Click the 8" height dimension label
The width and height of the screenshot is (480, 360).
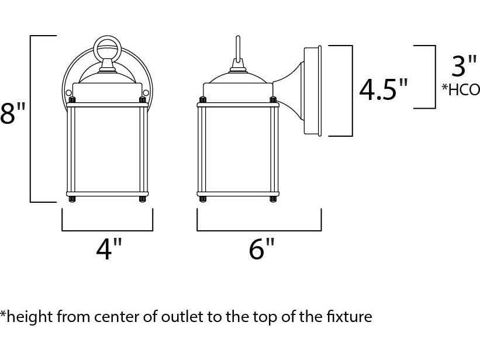(7, 115)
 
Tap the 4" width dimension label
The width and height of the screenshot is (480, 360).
(109, 250)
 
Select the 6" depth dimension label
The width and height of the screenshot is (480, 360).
(261, 250)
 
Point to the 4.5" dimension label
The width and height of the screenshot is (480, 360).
(383, 90)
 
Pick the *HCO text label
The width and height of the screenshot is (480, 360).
(461, 89)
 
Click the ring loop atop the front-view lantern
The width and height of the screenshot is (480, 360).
(108, 46)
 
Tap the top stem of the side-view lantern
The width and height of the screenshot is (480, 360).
(238, 50)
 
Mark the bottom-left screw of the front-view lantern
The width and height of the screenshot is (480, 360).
(72, 200)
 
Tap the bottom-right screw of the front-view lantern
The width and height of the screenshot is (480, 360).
(142, 200)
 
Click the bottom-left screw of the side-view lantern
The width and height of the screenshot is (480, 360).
(203, 200)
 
